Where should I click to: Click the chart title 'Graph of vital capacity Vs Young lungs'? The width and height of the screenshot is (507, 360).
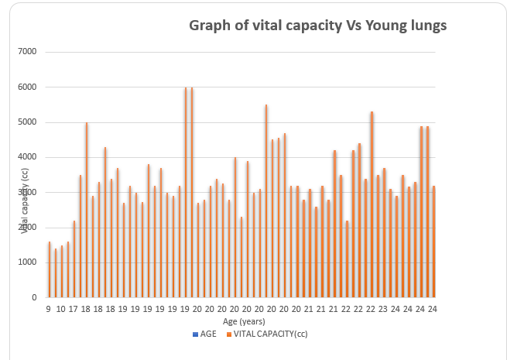pyautogui.click(x=318, y=26)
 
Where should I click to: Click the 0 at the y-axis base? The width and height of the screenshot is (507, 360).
pyautogui.click(x=34, y=297)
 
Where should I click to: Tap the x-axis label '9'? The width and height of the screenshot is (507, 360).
pyautogui.click(x=49, y=308)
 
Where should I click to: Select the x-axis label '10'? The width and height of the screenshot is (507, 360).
pyautogui.click(x=61, y=308)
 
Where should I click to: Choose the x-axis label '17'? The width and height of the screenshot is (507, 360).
pyautogui.click(x=74, y=308)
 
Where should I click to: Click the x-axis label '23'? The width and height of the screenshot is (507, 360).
pyautogui.click(x=382, y=308)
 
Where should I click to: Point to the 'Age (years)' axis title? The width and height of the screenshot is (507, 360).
pyautogui.click(x=245, y=321)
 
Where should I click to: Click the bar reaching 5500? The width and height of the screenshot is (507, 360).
pyautogui.click(x=266, y=201)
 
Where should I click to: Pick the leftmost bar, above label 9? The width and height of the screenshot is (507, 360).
pyautogui.click(x=50, y=269)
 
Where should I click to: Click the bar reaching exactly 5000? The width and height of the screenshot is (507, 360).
pyautogui.click(x=87, y=210)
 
